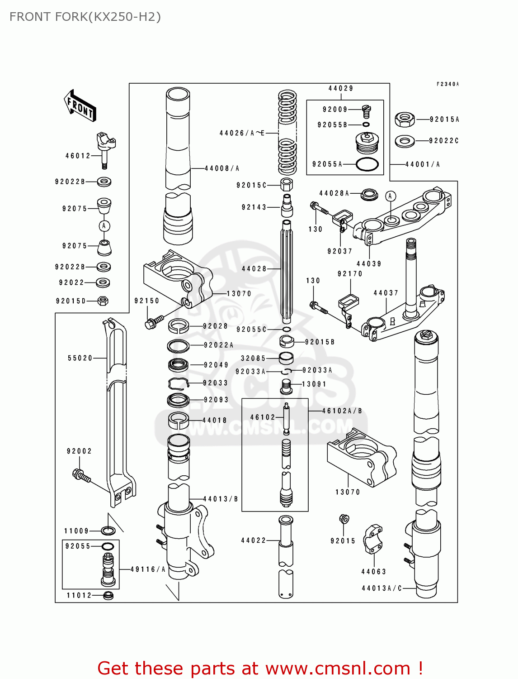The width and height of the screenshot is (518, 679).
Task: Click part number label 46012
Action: pyautogui.click(x=78, y=156)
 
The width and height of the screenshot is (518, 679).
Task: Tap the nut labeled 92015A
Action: pyautogui.click(x=405, y=120)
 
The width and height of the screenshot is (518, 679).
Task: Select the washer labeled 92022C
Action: pyautogui.click(x=405, y=141)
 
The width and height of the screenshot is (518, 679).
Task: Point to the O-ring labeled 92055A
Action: pyautogui.click(x=367, y=164)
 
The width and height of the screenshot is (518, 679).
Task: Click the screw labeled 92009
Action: pyautogui.click(x=366, y=110)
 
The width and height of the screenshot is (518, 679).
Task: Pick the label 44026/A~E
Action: pyautogui.click(x=242, y=133)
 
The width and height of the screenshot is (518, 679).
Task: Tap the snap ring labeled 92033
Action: pyautogui.click(x=178, y=383)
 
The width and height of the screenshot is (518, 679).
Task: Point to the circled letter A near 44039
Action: pyautogui.click(x=391, y=196)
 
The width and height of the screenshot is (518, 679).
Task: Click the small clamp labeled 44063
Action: pyautogui.click(x=373, y=539)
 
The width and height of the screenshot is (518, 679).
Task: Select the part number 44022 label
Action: pyautogui.click(x=254, y=540)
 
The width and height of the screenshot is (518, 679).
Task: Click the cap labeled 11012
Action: pyautogui.click(x=108, y=595)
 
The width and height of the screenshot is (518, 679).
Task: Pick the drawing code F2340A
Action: pyautogui.click(x=447, y=84)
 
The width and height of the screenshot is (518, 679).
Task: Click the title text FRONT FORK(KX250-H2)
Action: pyautogui.click(x=85, y=17)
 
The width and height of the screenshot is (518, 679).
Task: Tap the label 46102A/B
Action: pyautogui.click(x=342, y=411)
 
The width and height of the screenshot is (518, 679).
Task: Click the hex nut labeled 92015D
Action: pyautogui.click(x=103, y=301)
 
